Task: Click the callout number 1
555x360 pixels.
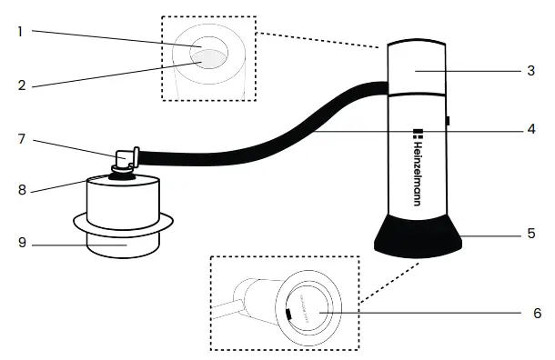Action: click(x=20, y=31)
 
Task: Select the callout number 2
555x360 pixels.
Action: click(x=20, y=86)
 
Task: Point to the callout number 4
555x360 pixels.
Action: click(x=530, y=128)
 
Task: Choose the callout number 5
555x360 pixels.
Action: click(x=530, y=234)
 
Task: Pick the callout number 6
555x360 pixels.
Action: click(x=536, y=314)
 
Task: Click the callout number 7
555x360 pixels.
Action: click(x=20, y=138)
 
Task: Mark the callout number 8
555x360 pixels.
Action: click(x=20, y=191)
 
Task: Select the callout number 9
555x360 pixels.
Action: click(x=20, y=244)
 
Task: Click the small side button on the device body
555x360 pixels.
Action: click(x=449, y=121)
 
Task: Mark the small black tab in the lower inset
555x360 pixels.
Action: click(x=287, y=315)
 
